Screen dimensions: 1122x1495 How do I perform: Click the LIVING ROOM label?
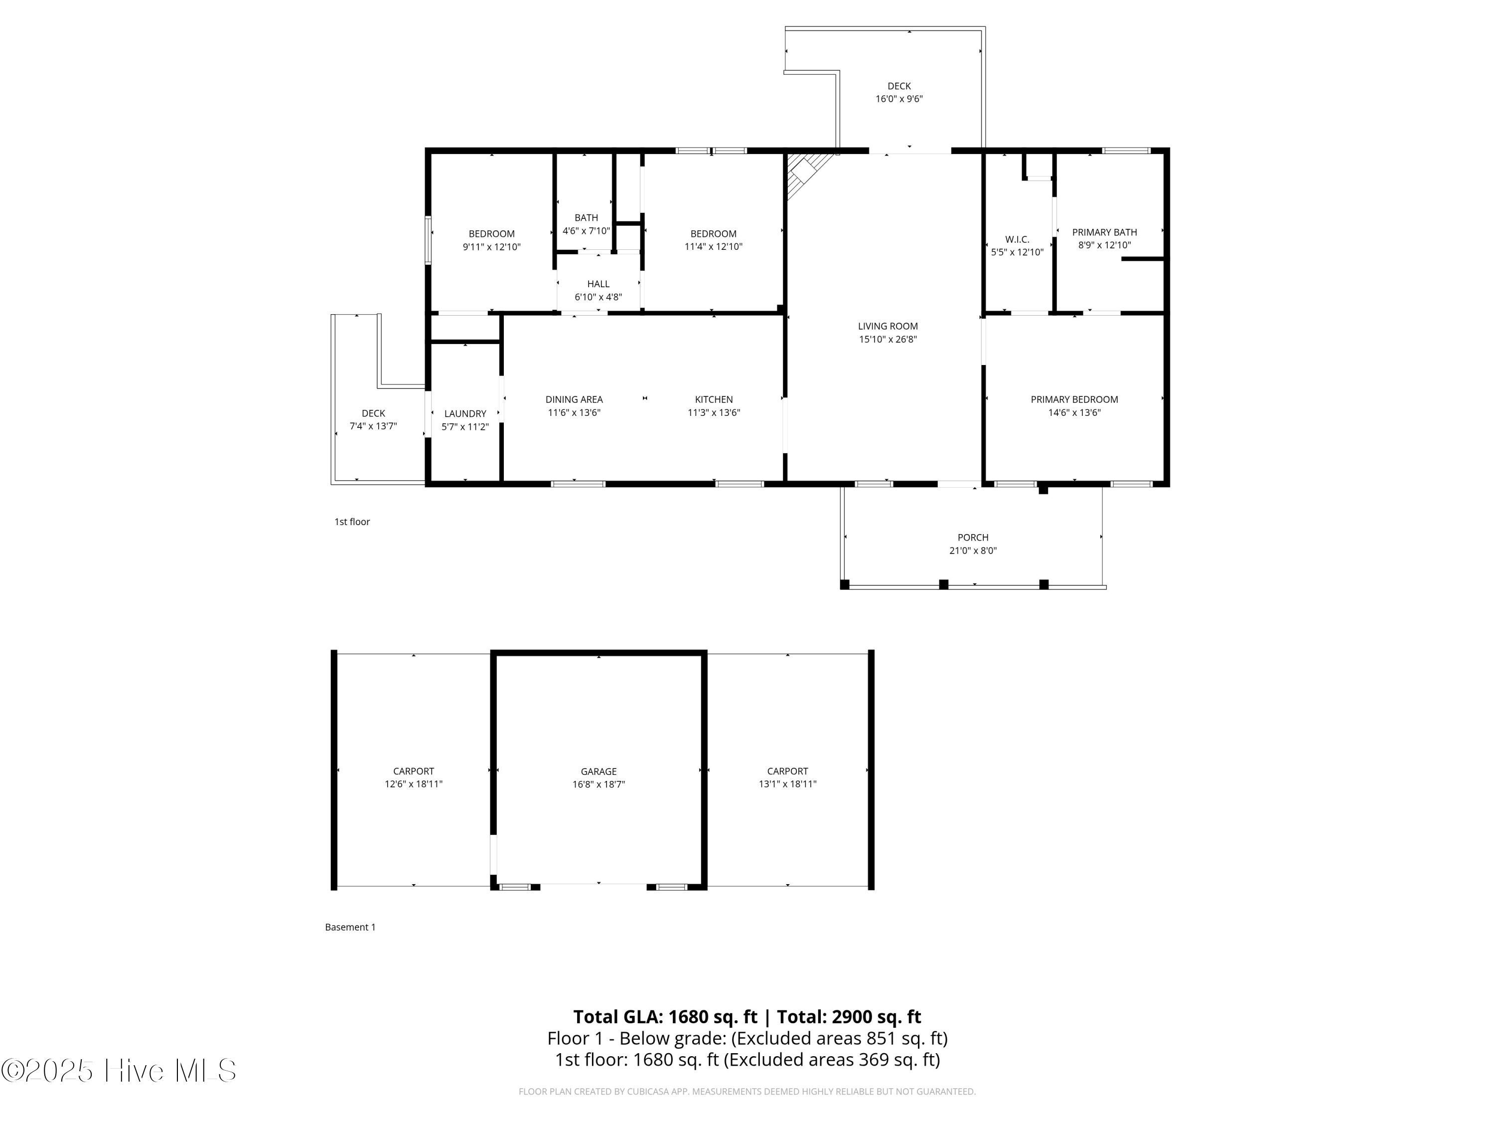pyautogui.click(x=888, y=326)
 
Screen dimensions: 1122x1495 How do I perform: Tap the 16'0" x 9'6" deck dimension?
pyautogui.click(x=899, y=99)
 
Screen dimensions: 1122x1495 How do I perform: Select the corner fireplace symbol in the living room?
pyautogui.click(x=804, y=173)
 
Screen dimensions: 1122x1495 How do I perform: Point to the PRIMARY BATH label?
pyautogui.click(x=1104, y=232)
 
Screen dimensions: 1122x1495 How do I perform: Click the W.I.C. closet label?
pyautogui.click(x=1017, y=239)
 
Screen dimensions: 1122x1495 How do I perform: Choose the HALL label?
pyautogui.click(x=598, y=284)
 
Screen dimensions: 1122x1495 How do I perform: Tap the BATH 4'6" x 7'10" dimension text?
pyautogui.click(x=586, y=230)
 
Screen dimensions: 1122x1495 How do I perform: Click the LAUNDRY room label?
pyautogui.click(x=465, y=413)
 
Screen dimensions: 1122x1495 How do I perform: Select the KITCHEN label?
pyautogui.click(x=714, y=399)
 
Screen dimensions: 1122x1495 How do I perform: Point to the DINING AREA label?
pyautogui.click(x=574, y=399)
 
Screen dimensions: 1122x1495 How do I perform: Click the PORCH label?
pyautogui.click(x=973, y=537)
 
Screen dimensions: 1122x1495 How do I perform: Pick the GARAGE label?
pyautogui.click(x=598, y=771)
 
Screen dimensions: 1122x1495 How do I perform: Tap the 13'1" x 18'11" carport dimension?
pyautogui.click(x=787, y=784)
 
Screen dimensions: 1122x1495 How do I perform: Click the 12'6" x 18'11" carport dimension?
pyautogui.click(x=414, y=784)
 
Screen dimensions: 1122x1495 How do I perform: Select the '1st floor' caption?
pyautogui.click(x=352, y=522)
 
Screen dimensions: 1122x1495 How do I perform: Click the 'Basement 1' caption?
pyautogui.click(x=350, y=927)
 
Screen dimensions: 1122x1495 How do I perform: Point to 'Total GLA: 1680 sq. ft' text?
pyautogui.click(x=665, y=1016)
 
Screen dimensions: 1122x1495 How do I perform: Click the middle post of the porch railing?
pyautogui.click(x=943, y=584)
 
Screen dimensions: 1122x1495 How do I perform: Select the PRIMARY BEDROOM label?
pyautogui.click(x=1074, y=399)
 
